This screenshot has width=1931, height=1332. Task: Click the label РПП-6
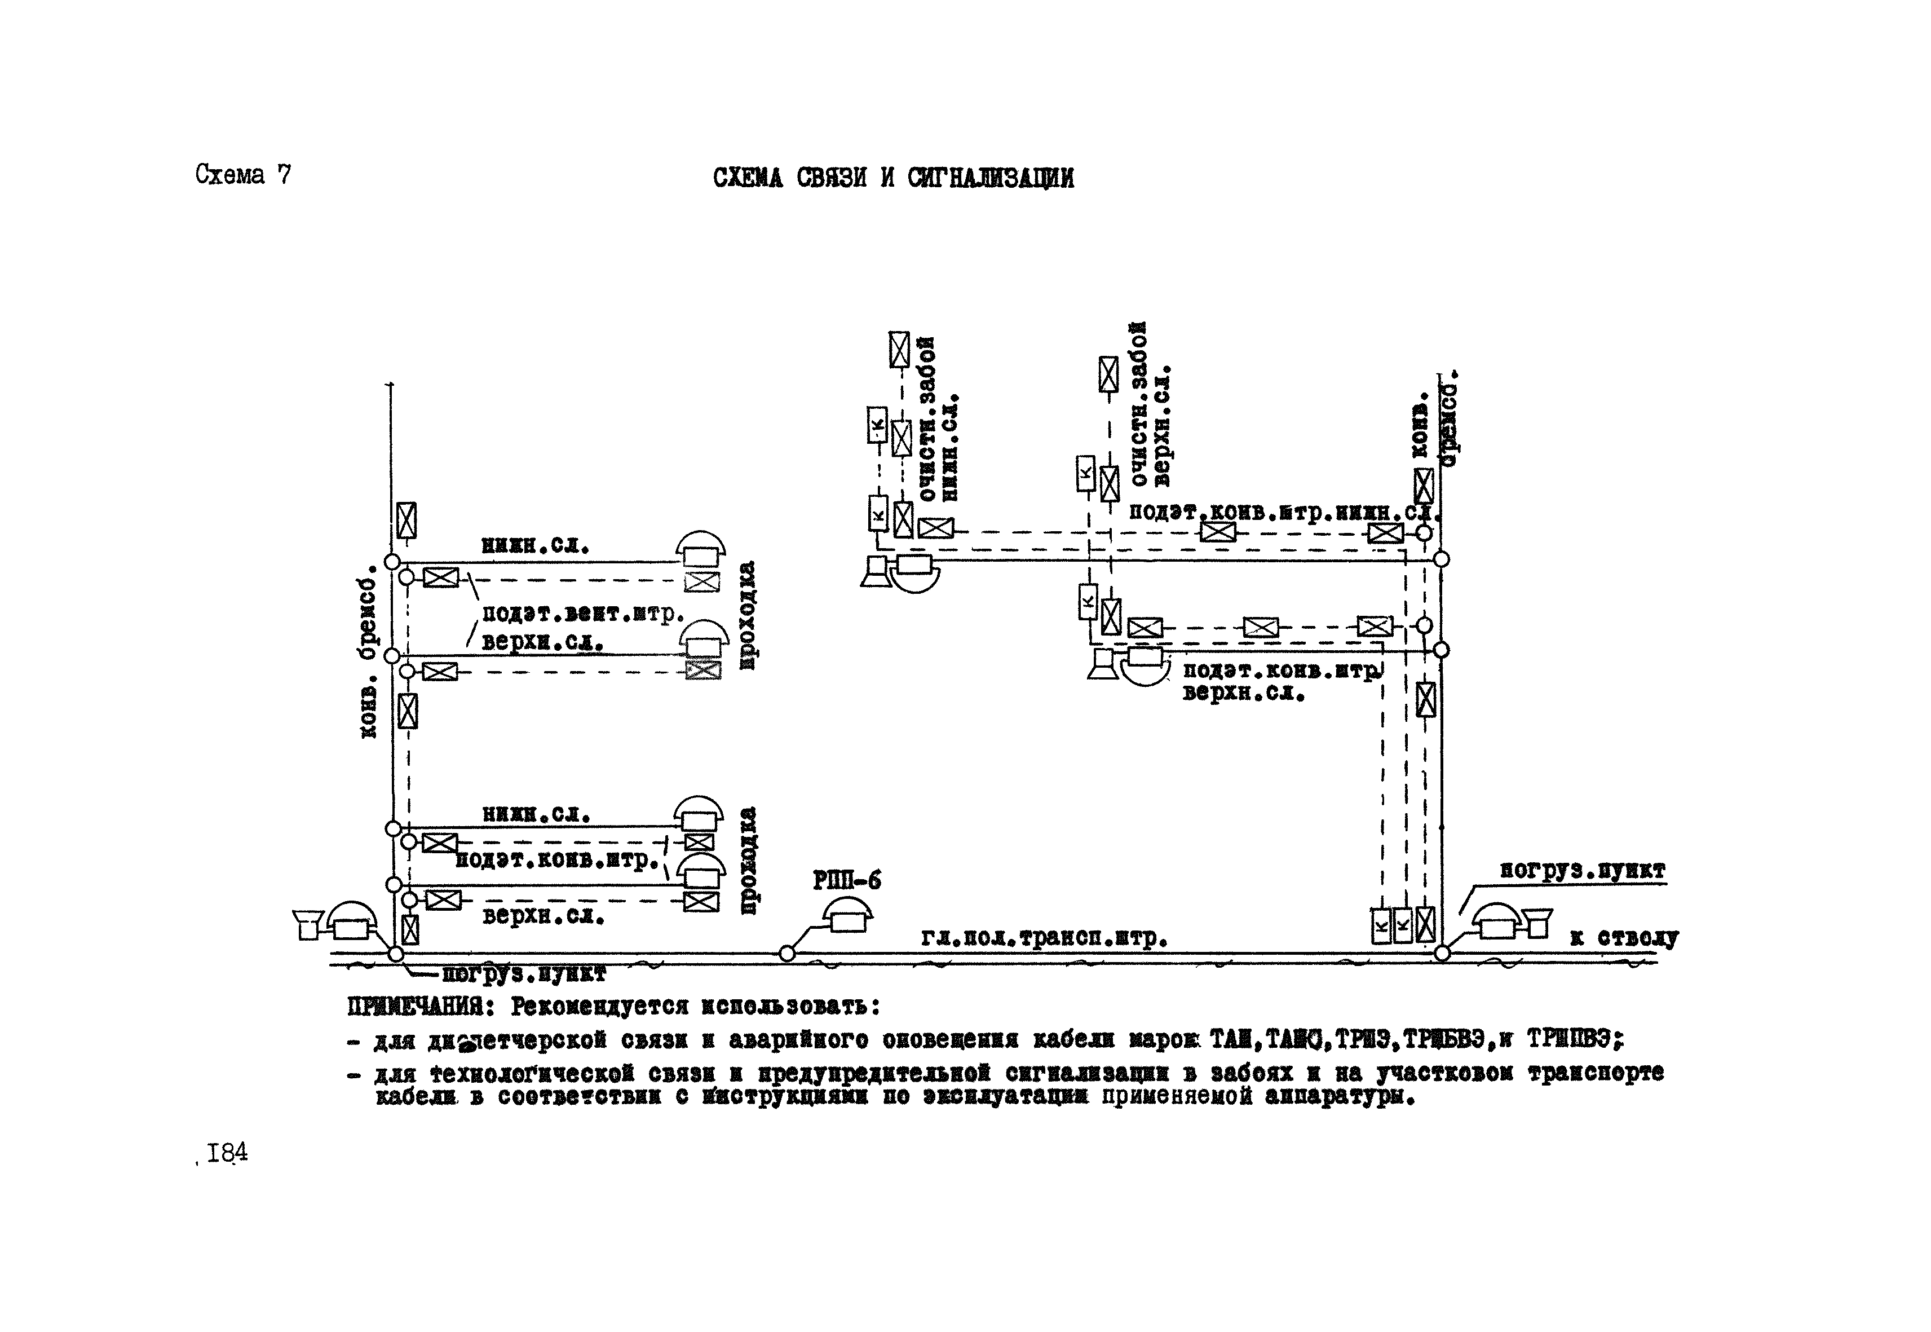coord(846,880)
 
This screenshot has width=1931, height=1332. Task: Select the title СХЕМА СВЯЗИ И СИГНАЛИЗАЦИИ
coord(893,178)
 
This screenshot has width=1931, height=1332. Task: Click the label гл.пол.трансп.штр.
coord(1043,939)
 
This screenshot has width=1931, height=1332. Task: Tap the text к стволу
coord(1623,937)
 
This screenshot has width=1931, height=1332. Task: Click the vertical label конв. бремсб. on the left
coord(368,651)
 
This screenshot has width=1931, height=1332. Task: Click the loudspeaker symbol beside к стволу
coord(1537,923)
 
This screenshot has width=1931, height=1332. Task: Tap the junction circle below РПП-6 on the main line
coord(787,953)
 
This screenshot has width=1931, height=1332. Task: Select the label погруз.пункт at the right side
coord(1582,871)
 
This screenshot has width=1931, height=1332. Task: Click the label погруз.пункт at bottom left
coord(523,974)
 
